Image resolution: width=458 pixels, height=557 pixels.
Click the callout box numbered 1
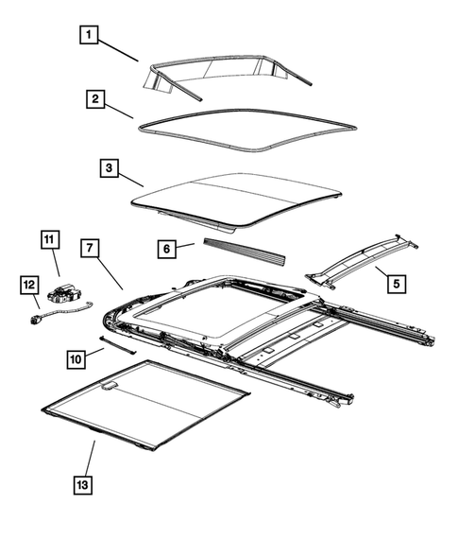point(90,37)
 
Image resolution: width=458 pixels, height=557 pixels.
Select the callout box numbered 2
point(95,98)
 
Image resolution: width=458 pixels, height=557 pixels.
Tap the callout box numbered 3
point(110,170)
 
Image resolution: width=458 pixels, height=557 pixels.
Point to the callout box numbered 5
point(396,282)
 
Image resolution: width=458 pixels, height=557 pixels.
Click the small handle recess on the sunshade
point(110,385)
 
